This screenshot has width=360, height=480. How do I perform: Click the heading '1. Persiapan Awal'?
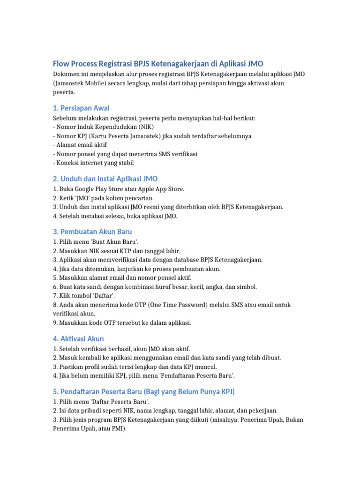point(82,108)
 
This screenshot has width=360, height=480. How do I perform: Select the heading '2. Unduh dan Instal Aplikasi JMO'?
point(105,179)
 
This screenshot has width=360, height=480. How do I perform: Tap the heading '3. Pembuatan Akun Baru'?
point(92,232)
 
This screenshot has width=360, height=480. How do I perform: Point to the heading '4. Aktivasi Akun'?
point(78,338)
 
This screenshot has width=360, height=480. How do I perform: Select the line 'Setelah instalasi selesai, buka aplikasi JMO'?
point(115,216)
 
